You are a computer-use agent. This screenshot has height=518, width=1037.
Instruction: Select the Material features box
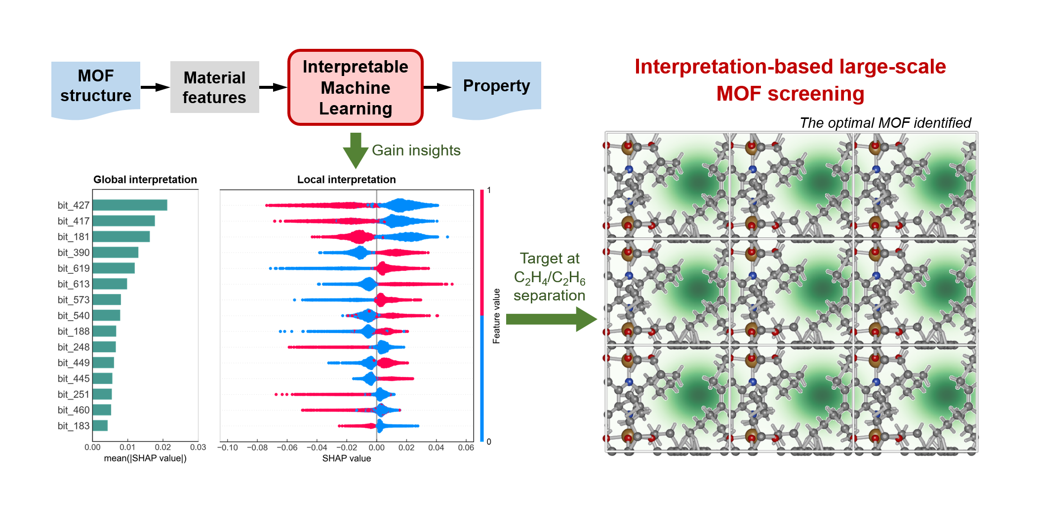coord(214,87)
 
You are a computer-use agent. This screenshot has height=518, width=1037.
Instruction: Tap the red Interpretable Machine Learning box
coord(355,87)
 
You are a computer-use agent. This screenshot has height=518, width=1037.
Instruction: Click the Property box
coord(496,86)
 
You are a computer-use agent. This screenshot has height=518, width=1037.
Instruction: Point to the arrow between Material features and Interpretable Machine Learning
coord(273,87)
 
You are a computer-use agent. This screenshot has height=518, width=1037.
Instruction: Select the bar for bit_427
coord(130,205)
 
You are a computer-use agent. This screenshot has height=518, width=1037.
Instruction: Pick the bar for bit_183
coord(100,426)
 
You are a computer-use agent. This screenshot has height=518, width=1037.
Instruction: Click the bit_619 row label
coord(74,268)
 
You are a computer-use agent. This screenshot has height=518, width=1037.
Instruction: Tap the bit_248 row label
coord(74,347)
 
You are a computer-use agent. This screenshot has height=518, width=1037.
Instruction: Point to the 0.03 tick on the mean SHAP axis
coord(198,447)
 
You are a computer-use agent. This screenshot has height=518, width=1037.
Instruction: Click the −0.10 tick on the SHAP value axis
coord(228,447)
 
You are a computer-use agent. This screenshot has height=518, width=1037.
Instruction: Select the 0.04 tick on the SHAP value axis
coord(436,447)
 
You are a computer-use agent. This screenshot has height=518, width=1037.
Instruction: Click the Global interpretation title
coord(145,180)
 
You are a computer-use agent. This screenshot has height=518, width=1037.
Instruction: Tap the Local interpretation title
coord(346,180)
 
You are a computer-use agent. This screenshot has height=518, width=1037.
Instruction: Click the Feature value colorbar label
coord(496,316)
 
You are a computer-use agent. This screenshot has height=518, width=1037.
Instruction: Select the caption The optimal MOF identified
coord(885,123)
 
